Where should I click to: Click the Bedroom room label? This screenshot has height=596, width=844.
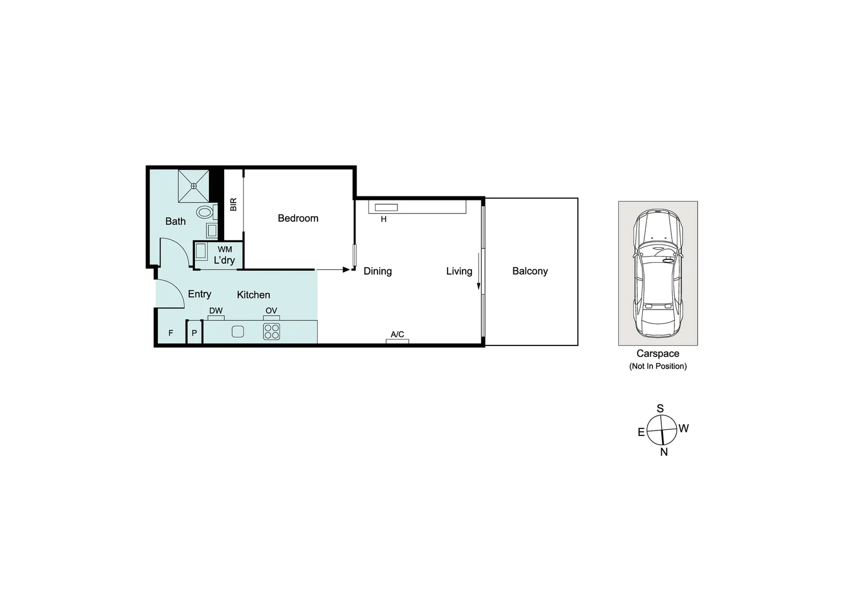(x=298, y=218)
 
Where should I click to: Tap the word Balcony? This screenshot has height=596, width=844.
(x=529, y=271)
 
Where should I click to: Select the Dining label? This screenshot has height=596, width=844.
(x=378, y=271)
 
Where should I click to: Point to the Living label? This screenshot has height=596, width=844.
(x=459, y=271)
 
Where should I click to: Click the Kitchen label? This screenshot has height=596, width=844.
(x=253, y=295)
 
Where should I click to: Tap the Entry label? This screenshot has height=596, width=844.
(x=199, y=294)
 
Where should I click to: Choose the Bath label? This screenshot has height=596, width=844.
(x=176, y=221)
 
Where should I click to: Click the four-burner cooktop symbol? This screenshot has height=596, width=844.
(x=272, y=332)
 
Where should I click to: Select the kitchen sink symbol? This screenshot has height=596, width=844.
(x=237, y=332)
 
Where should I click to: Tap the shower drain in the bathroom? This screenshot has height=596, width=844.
(x=194, y=186)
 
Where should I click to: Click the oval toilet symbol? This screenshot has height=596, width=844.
(x=205, y=212)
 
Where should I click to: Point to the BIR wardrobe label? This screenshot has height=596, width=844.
(x=233, y=204)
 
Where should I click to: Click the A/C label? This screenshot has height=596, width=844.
(x=397, y=334)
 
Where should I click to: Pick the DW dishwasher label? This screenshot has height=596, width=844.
(x=216, y=311)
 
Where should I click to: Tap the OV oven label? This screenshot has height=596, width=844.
(x=271, y=311)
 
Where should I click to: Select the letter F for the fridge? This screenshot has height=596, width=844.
(x=171, y=333)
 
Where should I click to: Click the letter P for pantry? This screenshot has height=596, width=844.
(x=194, y=333)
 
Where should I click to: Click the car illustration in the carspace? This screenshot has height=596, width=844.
(x=657, y=273)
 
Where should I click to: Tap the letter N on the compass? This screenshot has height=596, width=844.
(x=664, y=452)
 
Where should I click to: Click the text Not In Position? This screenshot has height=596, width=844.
(x=658, y=366)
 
